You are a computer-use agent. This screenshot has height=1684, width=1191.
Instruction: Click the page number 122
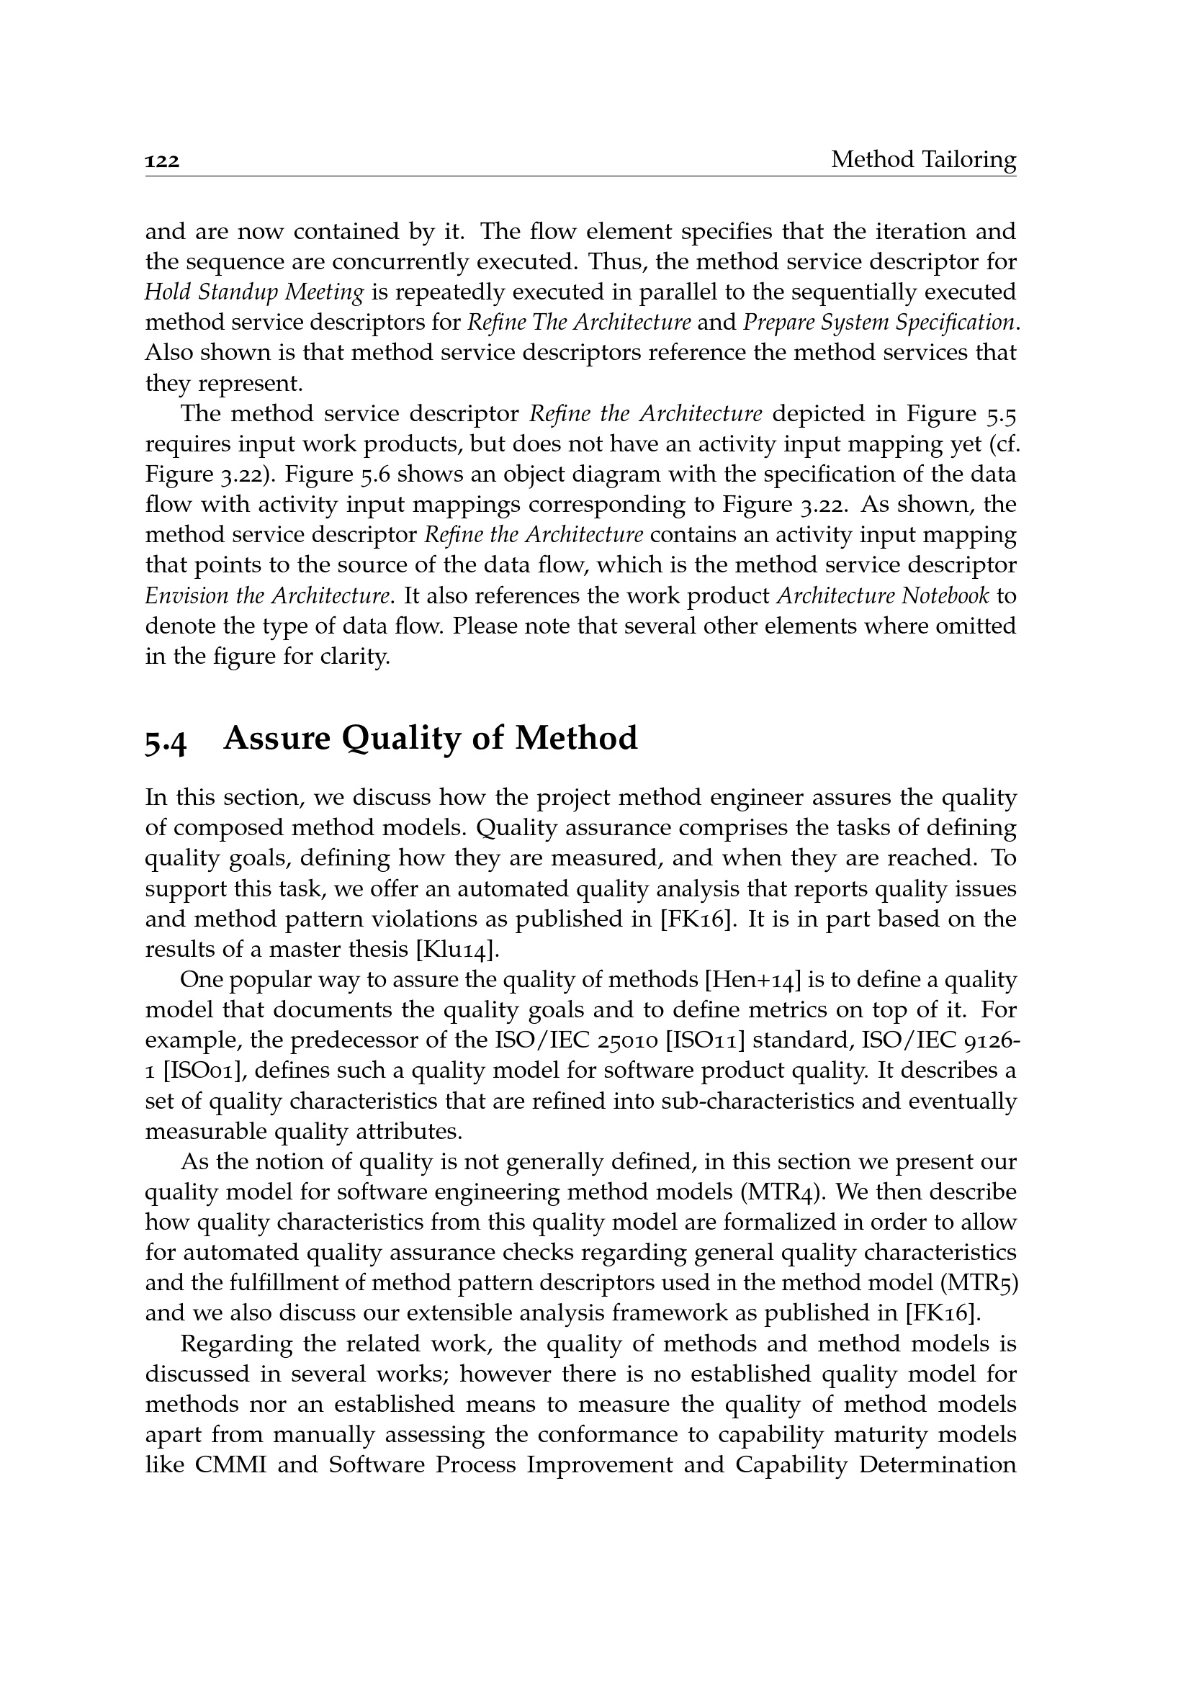pyautogui.click(x=162, y=161)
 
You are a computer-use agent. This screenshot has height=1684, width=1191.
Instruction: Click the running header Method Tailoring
pyautogui.click(x=922, y=159)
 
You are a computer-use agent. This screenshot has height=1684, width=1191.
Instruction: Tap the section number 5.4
pyautogui.click(x=166, y=739)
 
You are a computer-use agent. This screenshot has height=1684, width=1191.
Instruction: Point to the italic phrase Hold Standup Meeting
pyautogui.click(x=253, y=292)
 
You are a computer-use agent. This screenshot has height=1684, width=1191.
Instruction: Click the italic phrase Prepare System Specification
pyautogui.click(x=878, y=323)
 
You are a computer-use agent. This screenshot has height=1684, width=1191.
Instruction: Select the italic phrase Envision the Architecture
pyautogui.click(x=266, y=595)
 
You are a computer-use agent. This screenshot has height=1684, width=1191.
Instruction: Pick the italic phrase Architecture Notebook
pyautogui.click(x=882, y=595)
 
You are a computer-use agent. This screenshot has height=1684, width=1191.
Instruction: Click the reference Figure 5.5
pyautogui.click(x=961, y=415)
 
